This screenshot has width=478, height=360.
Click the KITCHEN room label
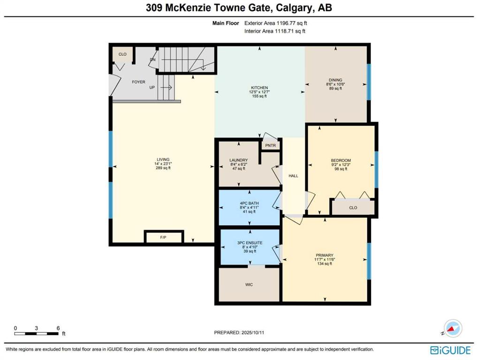pyautogui.click(x=259, y=88)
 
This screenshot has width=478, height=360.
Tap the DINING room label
pyautogui.click(x=335, y=80)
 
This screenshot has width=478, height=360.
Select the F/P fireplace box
pyautogui.click(x=164, y=237)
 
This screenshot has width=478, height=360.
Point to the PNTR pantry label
pyautogui.click(x=270, y=146)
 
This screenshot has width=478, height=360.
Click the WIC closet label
pyautogui.click(x=249, y=285)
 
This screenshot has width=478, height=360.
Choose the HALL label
pyautogui.click(x=293, y=176)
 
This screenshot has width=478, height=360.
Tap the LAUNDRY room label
pyautogui.click(x=239, y=160)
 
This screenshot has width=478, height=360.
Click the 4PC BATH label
pyautogui.click(x=249, y=203)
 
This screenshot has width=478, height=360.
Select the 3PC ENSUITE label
pyautogui.click(x=250, y=243)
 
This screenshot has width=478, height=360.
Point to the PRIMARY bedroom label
pyautogui.click(x=324, y=255)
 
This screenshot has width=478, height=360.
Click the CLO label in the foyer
pyautogui.click(x=122, y=54)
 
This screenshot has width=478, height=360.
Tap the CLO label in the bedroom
pyautogui.click(x=353, y=208)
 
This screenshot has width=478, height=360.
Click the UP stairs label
pyautogui.click(x=152, y=87)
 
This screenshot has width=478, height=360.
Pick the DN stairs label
pyautogui.click(x=153, y=60)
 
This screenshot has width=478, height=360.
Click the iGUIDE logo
pyautogui.click(x=451, y=350)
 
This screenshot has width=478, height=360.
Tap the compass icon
pyautogui.click(x=453, y=329)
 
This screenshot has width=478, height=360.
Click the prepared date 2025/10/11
pyautogui.click(x=253, y=333)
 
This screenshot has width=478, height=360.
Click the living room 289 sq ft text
pyautogui.click(x=163, y=168)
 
